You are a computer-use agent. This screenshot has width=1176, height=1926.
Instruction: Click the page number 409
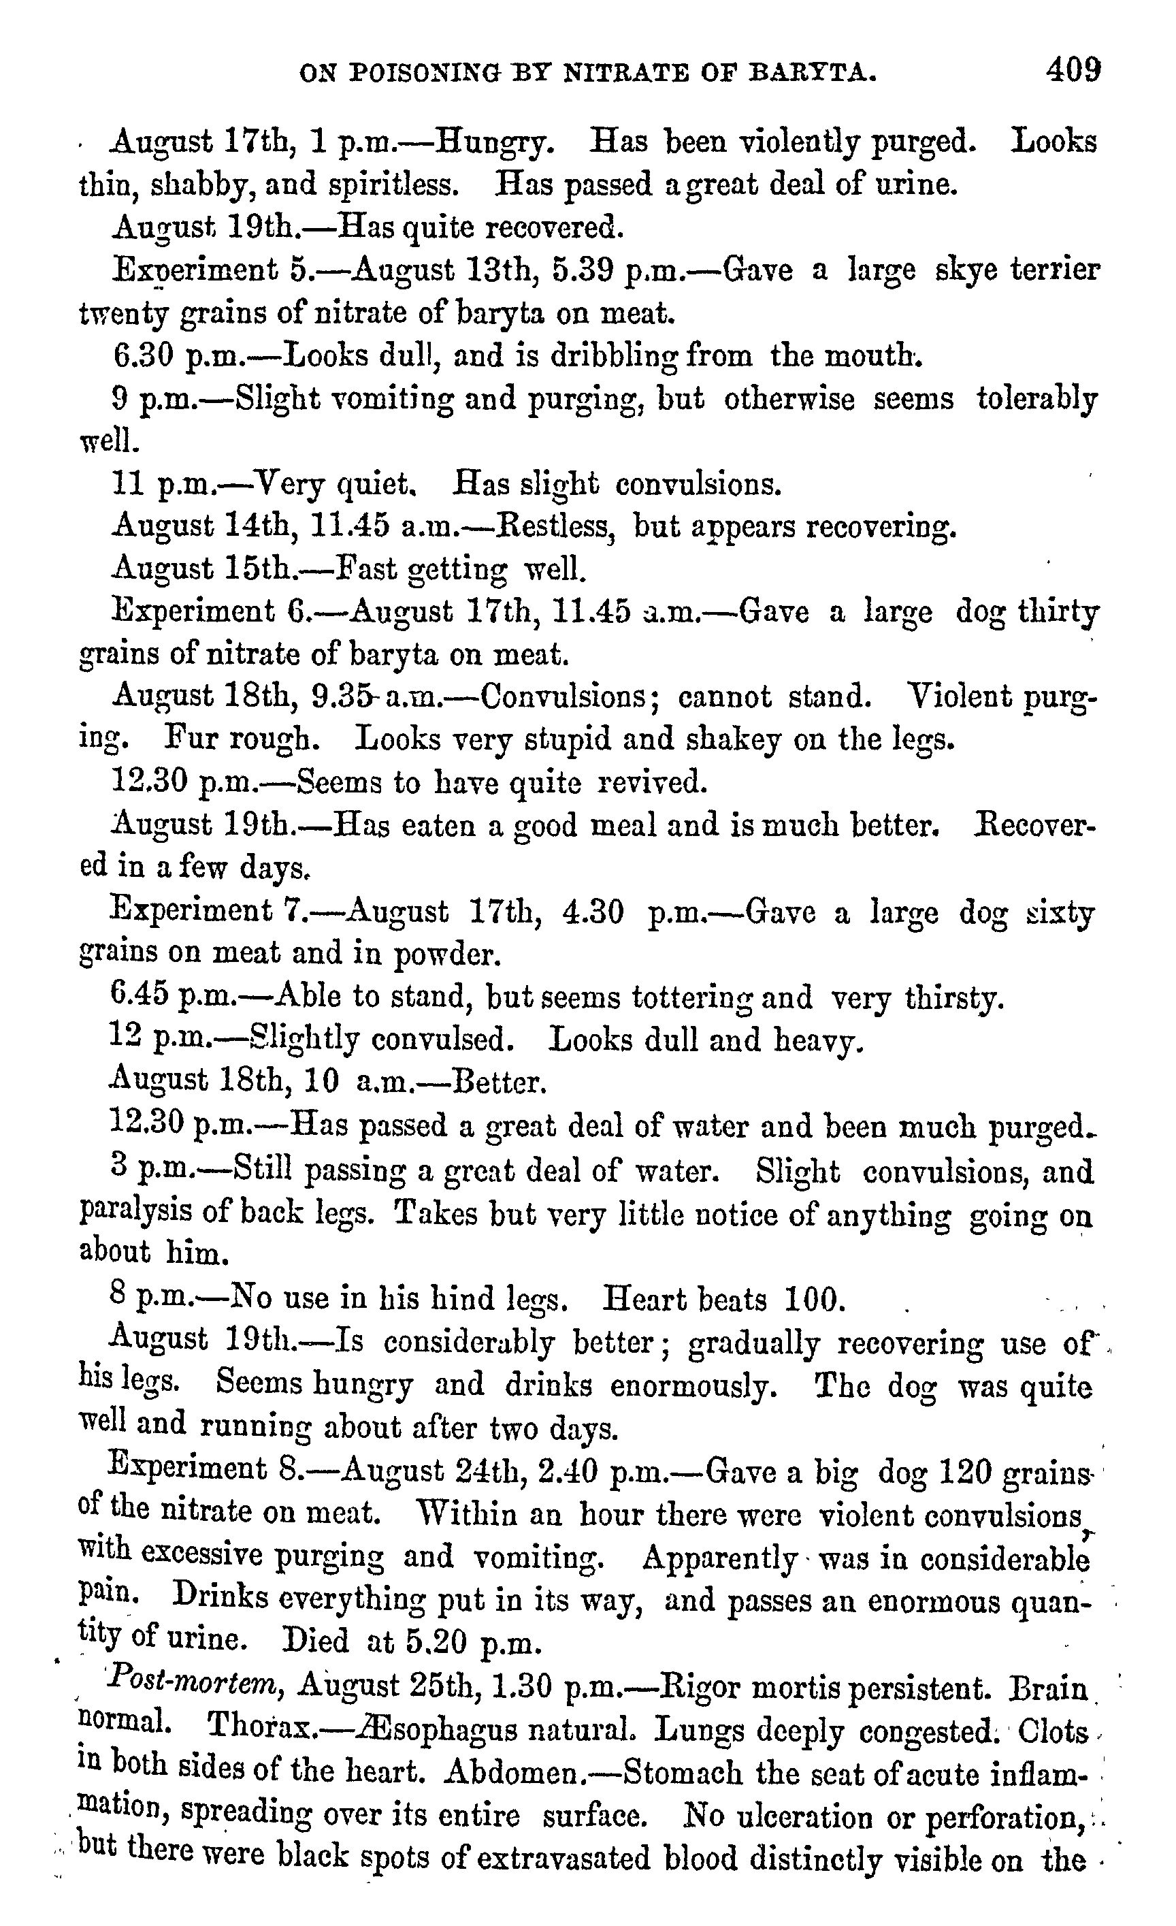tap(1074, 71)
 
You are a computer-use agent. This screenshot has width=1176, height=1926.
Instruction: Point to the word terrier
tap(1055, 270)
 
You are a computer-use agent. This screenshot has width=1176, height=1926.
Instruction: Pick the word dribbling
tap(616, 357)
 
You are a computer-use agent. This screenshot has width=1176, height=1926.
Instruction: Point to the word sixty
tap(1060, 912)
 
